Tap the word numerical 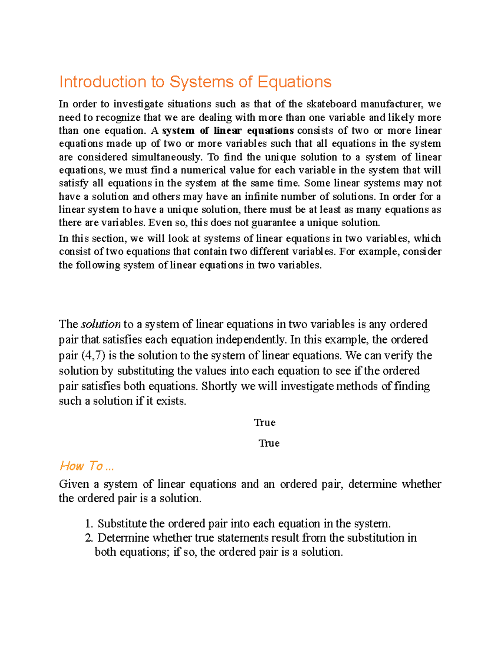pyautogui.click(x=203, y=170)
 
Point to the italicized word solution pyautogui.click(x=101, y=324)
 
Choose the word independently pyautogui.click(x=245, y=339)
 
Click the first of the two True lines pyautogui.click(x=265, y=422)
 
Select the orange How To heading pyautogui.click(x=86, y=466)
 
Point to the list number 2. pyautogui.click(x=88, y=538)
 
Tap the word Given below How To pyautogui.click(x=73, y=484)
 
